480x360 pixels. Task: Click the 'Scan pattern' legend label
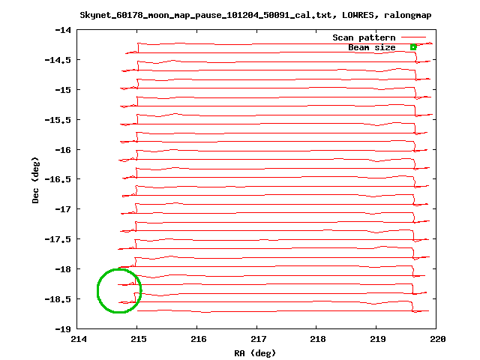tap(364, 37)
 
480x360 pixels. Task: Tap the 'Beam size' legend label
tap(371, 47)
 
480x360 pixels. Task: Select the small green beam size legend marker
tap(413, 47)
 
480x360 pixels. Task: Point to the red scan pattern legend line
tap(413, 37)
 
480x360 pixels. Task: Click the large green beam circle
tap(118, 290)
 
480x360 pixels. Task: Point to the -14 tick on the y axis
tap(63, 30)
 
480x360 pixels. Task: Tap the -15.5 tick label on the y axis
tap(57, 119)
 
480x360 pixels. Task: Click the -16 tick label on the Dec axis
tap(63, 149)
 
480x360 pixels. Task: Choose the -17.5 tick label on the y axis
tap(57, 239)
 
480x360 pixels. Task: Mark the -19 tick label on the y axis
tap(63, 328)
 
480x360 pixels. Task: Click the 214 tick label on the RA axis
tap(78, 339)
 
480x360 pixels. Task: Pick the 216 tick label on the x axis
tap(197, 339)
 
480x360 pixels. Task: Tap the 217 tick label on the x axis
tap(257, 339)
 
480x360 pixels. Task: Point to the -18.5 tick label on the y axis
tap(57, 298)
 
